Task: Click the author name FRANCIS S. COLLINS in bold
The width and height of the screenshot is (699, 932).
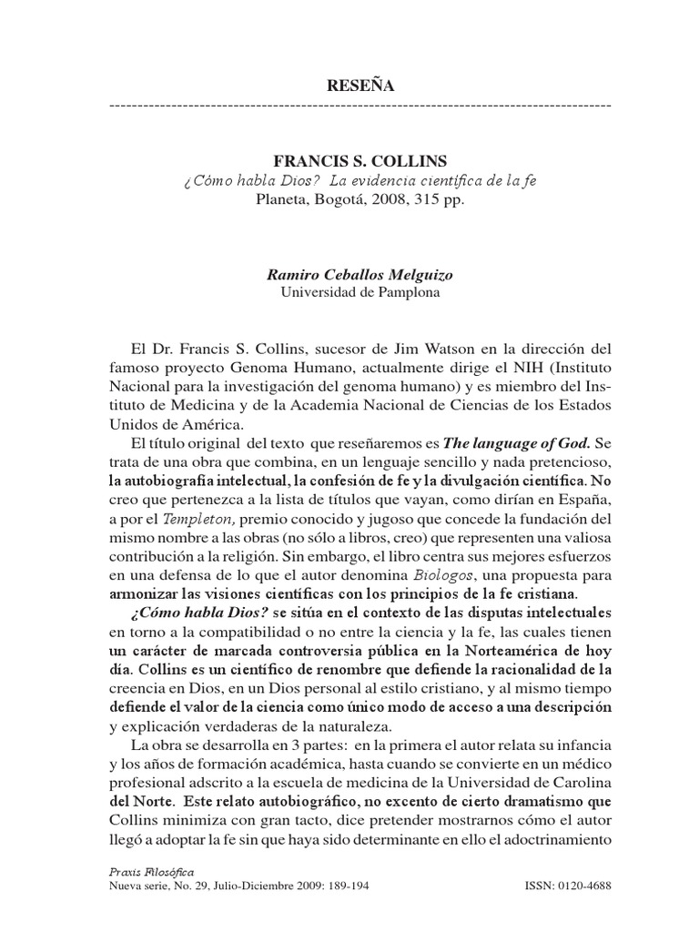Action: pyautogui.click(x=360, y=161)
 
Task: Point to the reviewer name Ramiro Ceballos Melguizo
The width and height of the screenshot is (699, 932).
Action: pyautogui.click(x=360, y=275)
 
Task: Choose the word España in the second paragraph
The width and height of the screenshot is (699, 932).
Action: pyautogui.click(x=581, y=501)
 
